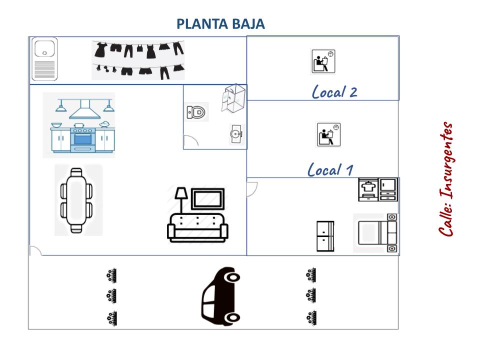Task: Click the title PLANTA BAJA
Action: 220,24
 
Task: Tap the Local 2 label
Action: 334,91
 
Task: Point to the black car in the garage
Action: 221,295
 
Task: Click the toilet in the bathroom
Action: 196,112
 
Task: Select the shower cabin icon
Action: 232,97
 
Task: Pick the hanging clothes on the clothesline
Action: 138,60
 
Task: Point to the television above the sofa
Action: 208,198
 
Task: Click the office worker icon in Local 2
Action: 322,61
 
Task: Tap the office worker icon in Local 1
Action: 328,134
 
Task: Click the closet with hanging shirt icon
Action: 369,189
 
